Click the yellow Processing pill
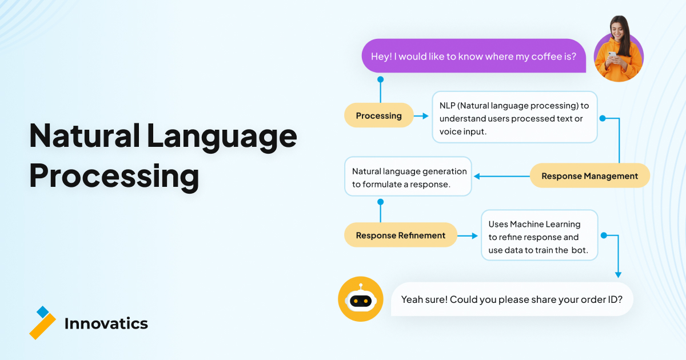379,115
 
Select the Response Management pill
589,176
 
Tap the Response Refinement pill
401,235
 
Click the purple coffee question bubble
474,56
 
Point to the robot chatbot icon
361,299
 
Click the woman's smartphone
612,54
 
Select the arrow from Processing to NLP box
421,115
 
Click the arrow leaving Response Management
502,177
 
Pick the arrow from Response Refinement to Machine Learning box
468,235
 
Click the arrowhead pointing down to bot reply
619,275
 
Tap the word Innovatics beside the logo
106,323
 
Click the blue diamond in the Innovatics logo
42,312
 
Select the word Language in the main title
222,136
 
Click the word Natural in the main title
85,135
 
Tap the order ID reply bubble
512,299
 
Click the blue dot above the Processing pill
380,79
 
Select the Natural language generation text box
408,177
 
